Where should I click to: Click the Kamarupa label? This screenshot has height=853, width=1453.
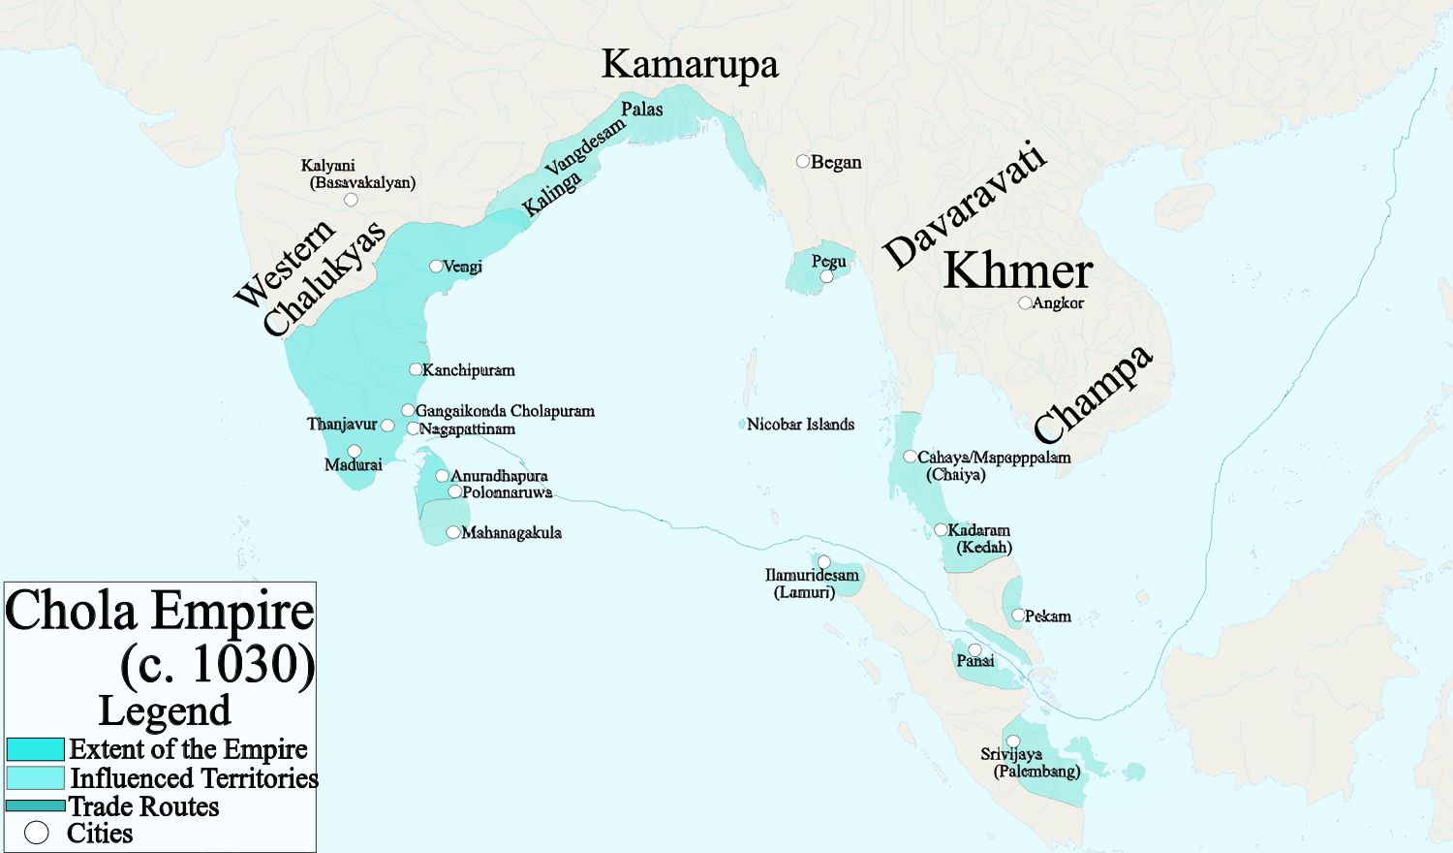point(690,65)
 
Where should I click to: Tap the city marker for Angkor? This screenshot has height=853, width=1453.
point(1025,303)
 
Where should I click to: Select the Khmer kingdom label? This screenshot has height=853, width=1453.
point(1018,270)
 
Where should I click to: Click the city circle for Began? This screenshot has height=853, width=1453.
point(803,161)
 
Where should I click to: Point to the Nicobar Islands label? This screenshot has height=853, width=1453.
point(800,425)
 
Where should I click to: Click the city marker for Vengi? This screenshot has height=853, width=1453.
point(436,266)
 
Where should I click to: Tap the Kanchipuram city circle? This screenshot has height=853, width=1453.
point(416,369)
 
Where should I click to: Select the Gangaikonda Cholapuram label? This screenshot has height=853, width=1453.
point(505,411)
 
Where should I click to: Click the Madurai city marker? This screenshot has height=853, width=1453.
point(355,451)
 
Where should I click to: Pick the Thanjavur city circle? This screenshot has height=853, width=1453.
point(387,426)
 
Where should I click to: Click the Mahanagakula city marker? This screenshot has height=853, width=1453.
point(452,532)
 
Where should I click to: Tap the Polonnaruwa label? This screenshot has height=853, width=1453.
point(507,492)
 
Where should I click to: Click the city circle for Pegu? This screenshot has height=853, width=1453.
point(826,276)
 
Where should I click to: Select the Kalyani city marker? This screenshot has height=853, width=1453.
point(351,200)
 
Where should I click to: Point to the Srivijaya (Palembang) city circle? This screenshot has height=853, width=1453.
point(1012,742)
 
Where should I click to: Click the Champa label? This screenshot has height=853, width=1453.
point(1093,394)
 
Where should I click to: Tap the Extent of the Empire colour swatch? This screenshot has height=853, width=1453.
point(36,749)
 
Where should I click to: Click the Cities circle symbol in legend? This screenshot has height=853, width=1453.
point(37,833)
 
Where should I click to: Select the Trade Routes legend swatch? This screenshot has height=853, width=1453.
point(36,806)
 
